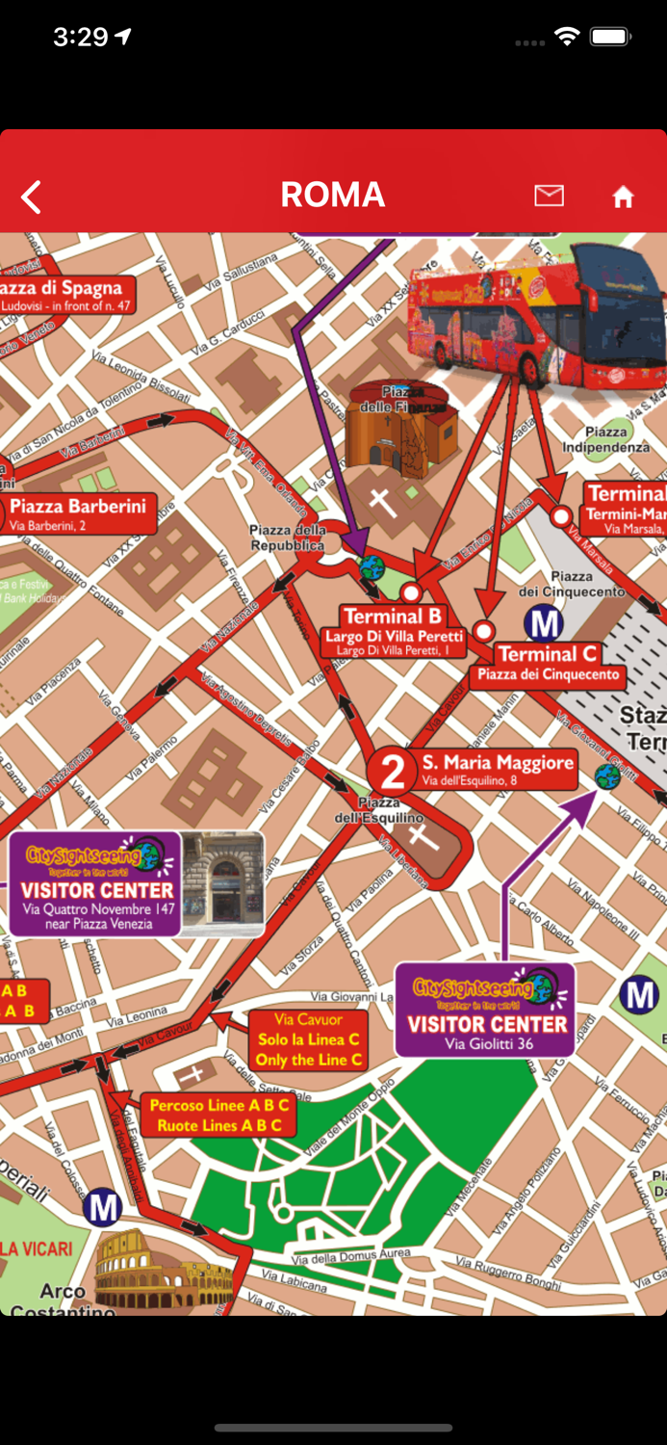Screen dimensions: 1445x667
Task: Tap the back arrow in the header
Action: [32, 197]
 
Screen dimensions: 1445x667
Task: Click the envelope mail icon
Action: [549, 196]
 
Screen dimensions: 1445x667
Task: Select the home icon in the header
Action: [623, 197]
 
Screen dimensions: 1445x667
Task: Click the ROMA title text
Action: [333, 196]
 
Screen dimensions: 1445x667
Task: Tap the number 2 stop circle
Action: [393, 772]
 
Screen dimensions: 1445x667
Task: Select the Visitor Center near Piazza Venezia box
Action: [96, 884]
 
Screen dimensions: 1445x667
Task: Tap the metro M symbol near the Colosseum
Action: [102, 1206]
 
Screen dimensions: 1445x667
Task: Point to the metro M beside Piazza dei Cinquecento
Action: [543, 624]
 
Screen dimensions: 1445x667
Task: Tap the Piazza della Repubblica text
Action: [287, 538]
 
